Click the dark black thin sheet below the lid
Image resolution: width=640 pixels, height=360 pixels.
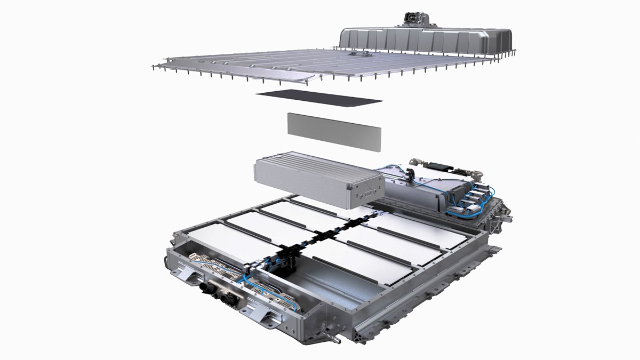coord(318,98)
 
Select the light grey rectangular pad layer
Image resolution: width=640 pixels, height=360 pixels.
coord(334,131)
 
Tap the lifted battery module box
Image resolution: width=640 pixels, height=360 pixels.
coord(315,179)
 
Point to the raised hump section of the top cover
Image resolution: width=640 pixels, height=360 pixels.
coord(427,40)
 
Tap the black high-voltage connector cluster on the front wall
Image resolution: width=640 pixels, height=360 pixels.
coord(216,293)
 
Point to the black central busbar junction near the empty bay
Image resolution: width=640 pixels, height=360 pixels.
coord(283,261)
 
